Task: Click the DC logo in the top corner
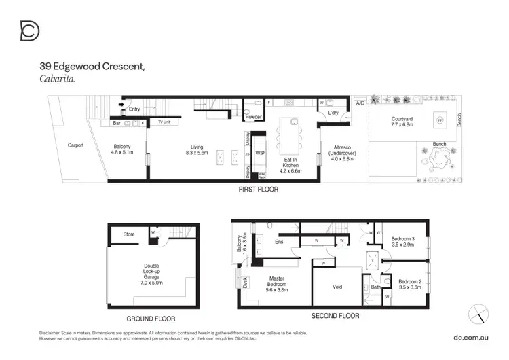coord(30,31)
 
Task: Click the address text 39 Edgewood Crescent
coord(92,67)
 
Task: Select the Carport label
coord(75,145)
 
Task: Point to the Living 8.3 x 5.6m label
coord(197,150)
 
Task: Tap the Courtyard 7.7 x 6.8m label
coord(402,122)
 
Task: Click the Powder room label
coord(254,117)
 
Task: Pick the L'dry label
coord(333,113)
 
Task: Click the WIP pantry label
coord(260,153)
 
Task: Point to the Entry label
coord(134,109)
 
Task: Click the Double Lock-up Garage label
coord(152,274)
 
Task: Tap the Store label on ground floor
coord(129,234)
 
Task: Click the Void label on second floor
coord(337,287)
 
